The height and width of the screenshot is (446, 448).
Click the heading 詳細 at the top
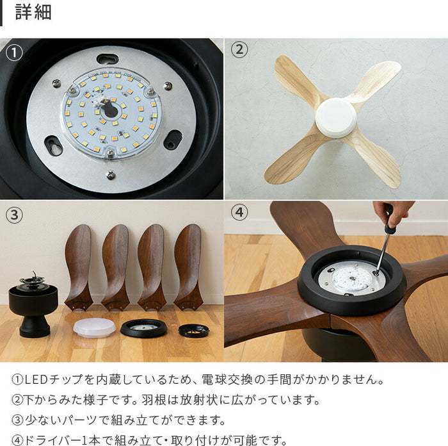33,12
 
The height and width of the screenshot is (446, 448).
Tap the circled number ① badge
14,53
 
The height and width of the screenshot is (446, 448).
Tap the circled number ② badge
239,50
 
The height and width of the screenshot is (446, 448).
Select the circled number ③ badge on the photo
14,215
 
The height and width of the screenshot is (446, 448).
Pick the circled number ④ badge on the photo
239,212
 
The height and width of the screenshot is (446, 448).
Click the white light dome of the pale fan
336,117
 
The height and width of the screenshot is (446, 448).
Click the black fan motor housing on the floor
33,308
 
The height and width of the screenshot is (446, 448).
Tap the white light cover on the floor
94,327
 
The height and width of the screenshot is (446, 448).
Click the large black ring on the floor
143,327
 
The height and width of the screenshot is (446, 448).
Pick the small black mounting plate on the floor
193,330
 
